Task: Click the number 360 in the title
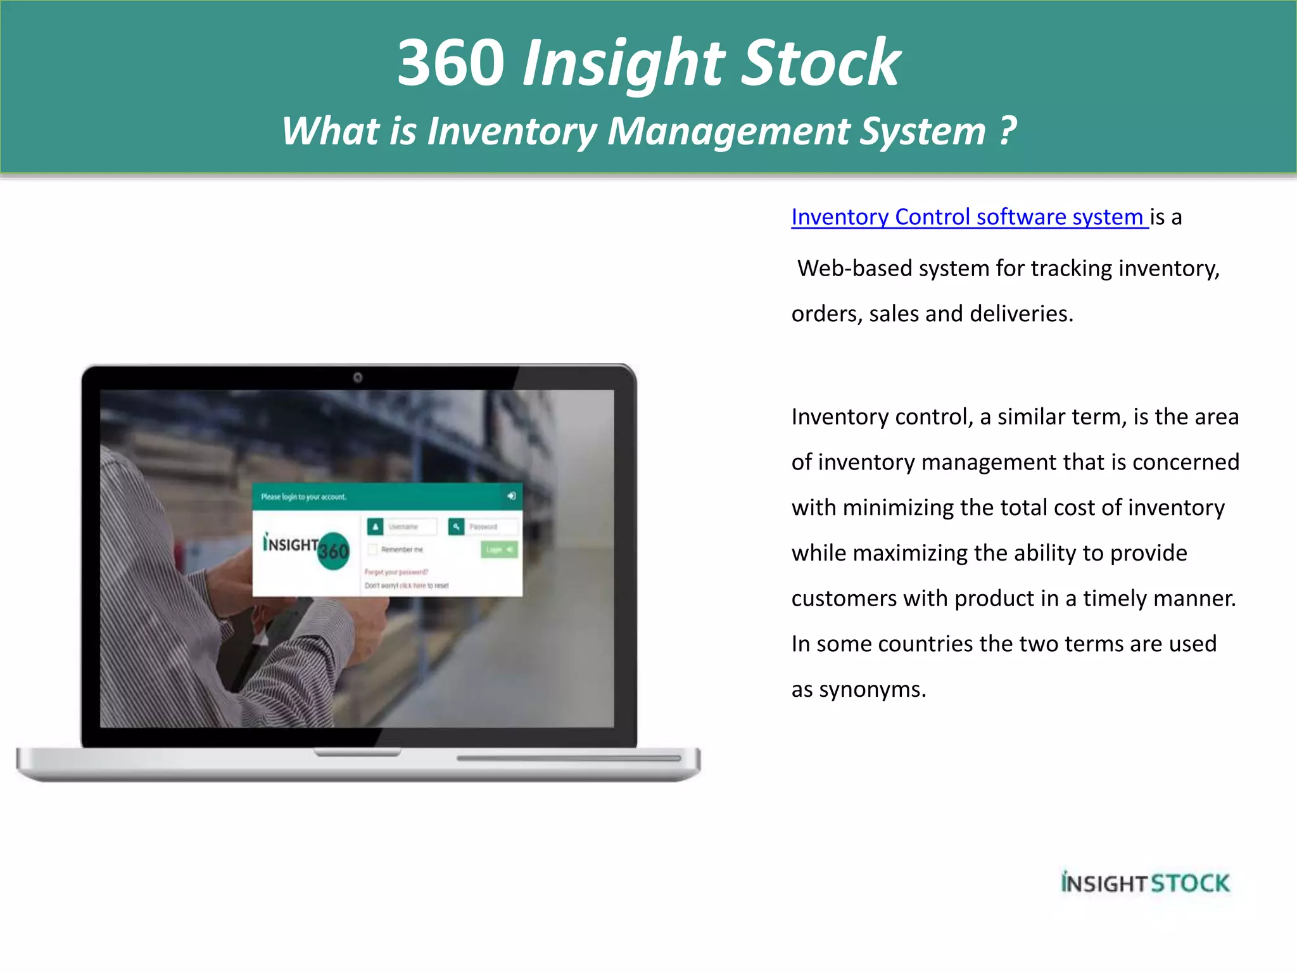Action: tap(451, 63)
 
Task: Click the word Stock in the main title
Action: tap(821, 63)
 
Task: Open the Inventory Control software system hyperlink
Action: tap(969, 217)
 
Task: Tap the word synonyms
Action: tap(872, 690)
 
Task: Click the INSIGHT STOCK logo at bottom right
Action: tap(1145, 883)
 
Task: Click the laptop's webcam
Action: tap(358, 378)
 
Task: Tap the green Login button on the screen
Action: tap(499, 549)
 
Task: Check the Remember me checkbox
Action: tap(373, 549)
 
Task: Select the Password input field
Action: tap(491, 527)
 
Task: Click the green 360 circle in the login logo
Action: tap(334, 551)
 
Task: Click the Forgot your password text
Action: tap(396, 572)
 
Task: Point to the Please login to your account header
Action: tap(304, 497)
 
